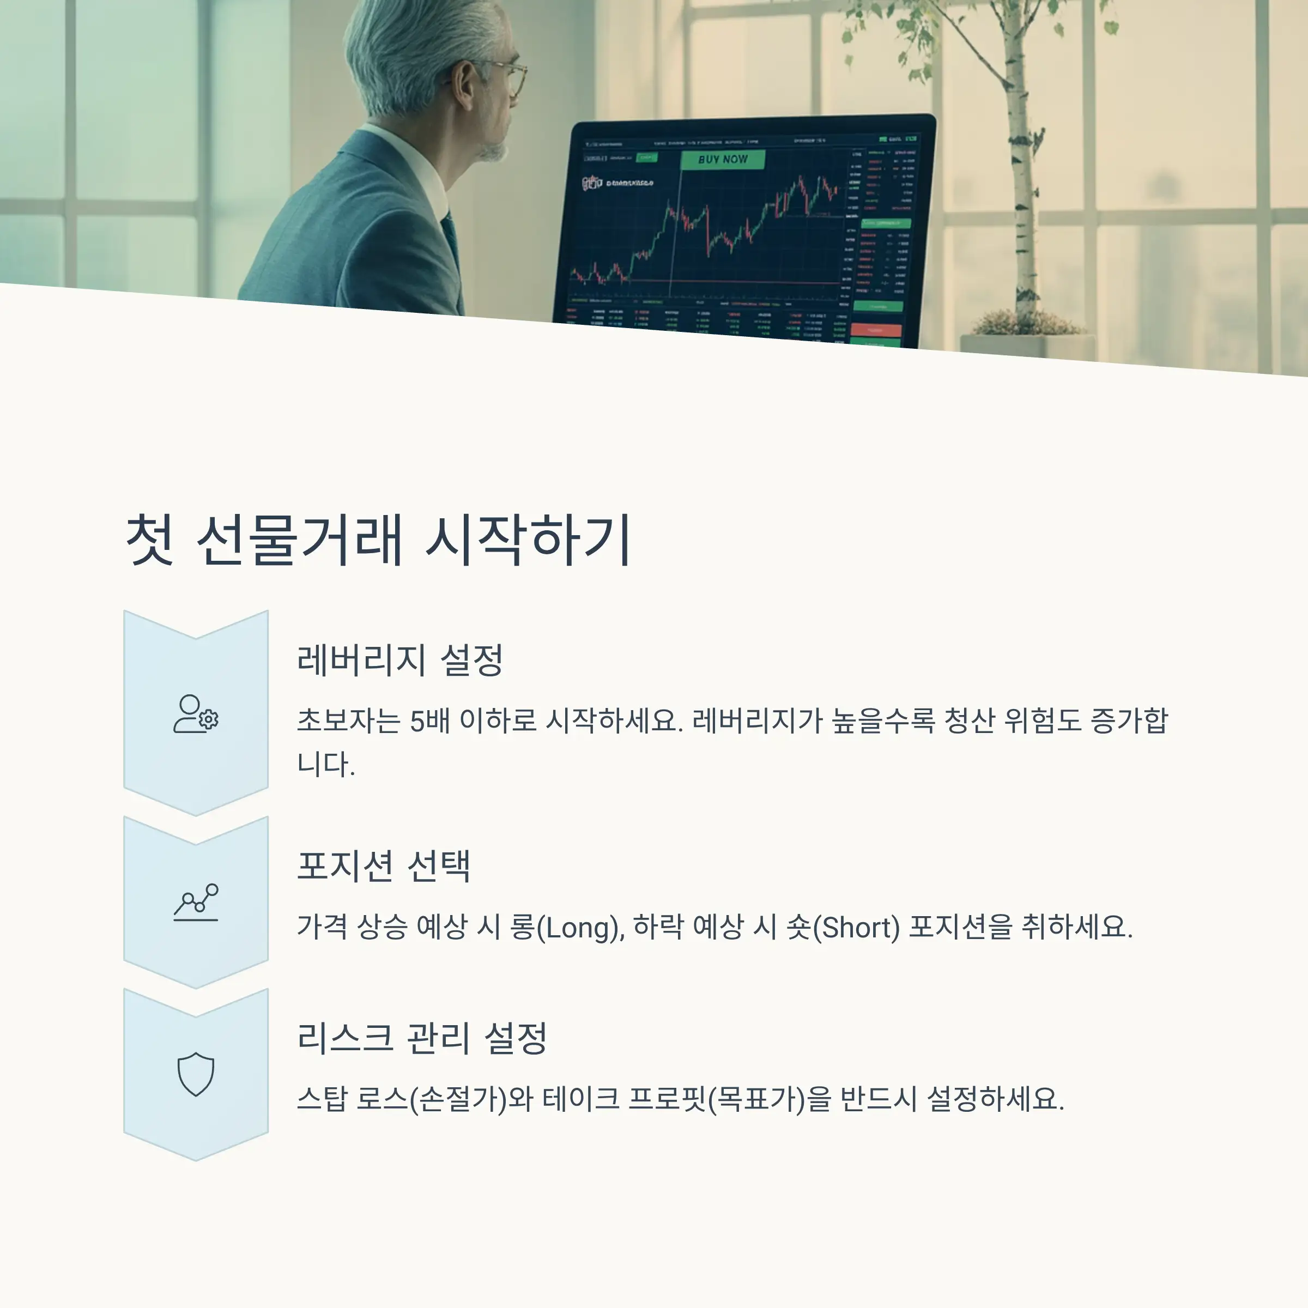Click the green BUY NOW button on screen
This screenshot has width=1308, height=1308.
point(722,160)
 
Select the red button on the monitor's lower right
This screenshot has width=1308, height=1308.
point(876,330)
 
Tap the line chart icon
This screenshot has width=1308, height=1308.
point(196,902)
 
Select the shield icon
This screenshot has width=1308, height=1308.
point(196,1074)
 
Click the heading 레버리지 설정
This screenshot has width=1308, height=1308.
point(399,660)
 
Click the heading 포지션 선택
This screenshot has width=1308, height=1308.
point(383,866)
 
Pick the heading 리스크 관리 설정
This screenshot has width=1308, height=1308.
point(422,1038)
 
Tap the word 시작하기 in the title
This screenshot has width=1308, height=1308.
point(529,540)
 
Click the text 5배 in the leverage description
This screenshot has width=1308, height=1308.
point(430,720)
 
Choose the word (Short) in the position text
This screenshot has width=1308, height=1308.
point(856,927)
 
